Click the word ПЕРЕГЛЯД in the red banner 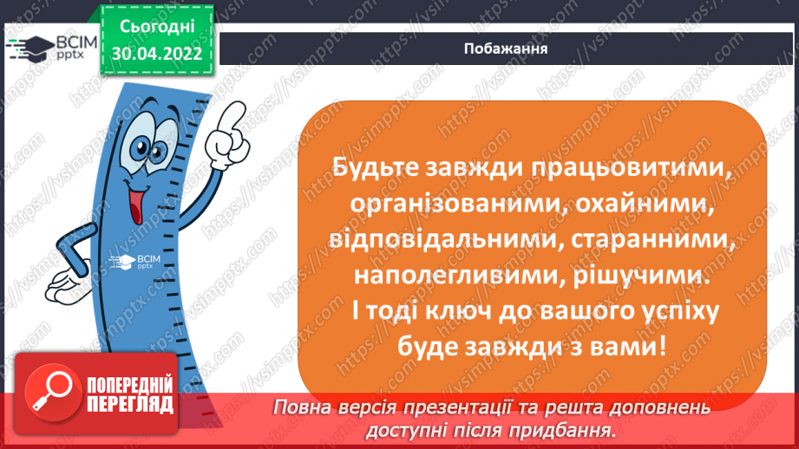[x=129, y=403]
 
